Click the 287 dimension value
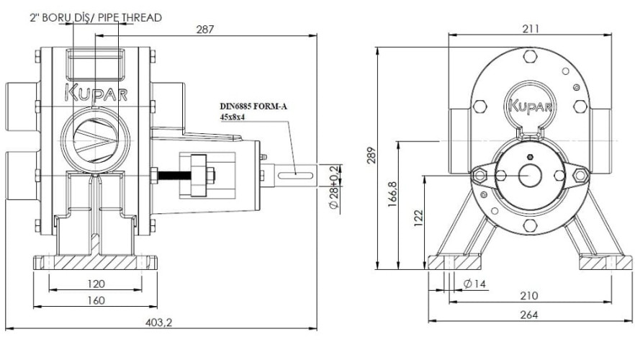pos(205,30)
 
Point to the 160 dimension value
pos(96,300)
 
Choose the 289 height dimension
pos(371,158)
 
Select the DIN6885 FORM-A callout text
pos(253,106)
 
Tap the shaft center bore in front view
pos(530,175)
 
